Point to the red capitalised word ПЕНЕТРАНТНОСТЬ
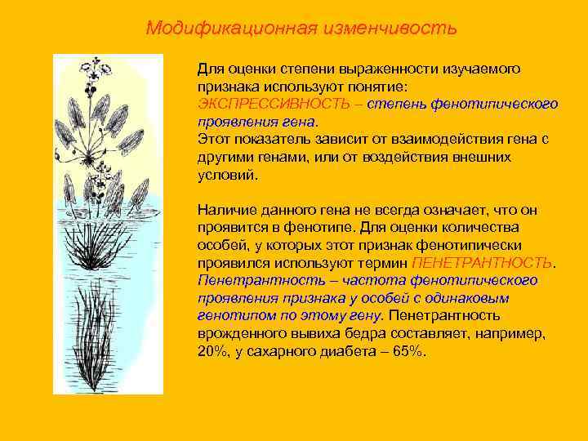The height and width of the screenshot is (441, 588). [x=483, y=263]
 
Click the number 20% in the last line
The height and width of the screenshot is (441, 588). [x=210, y=350]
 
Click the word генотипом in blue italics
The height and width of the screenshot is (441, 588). [x=230, y=315]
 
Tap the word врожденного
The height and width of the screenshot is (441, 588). [x=237, y=333]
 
